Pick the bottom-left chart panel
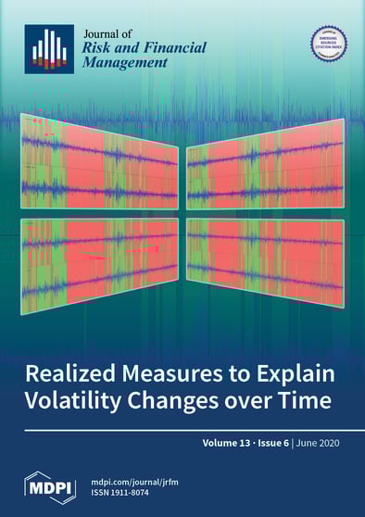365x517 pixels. pyautogui.click(x=99, y=258)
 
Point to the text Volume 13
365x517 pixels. pyautogui.click(x=234, y=444)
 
